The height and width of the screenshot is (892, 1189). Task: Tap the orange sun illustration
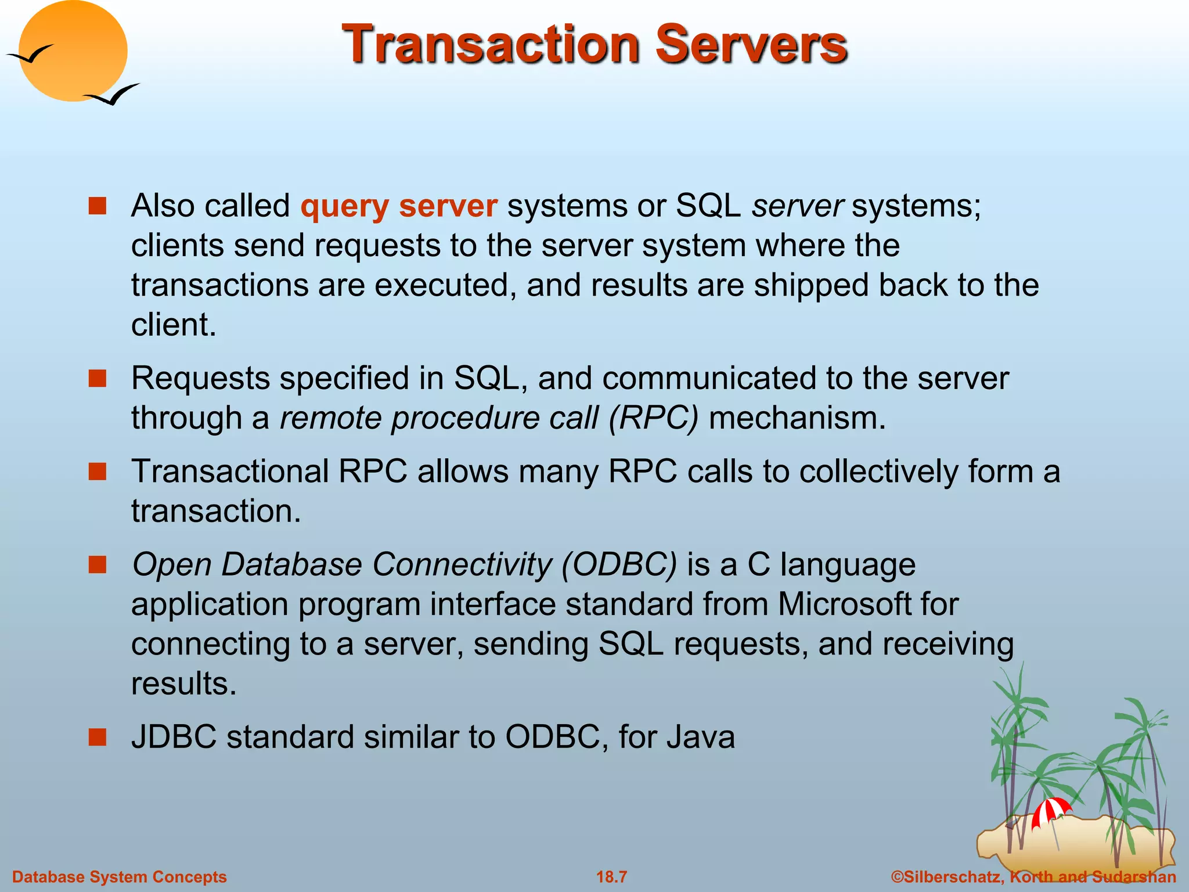click(73, 51)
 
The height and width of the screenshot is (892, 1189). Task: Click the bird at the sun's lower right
click(113, 95)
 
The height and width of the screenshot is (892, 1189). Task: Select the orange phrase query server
click(399, 206)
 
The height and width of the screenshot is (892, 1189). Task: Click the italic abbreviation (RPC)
click(653, 418)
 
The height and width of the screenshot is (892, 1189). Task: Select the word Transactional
click(230, 471)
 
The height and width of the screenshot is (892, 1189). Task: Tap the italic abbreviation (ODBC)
click(619, 564)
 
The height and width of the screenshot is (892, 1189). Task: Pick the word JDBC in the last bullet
click(174, 737)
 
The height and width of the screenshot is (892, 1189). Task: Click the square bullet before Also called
click(98, 206)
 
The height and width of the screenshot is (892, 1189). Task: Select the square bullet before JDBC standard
click(98, 737)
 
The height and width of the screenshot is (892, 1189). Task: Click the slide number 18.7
click(611, 877)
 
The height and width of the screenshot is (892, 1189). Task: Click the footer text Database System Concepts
click(120, 877)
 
